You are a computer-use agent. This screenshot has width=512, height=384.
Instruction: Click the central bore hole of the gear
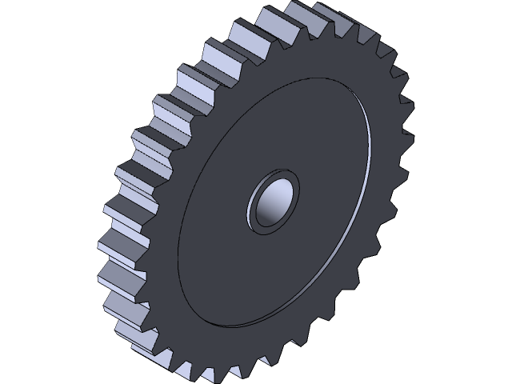click(x=272, y=200)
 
